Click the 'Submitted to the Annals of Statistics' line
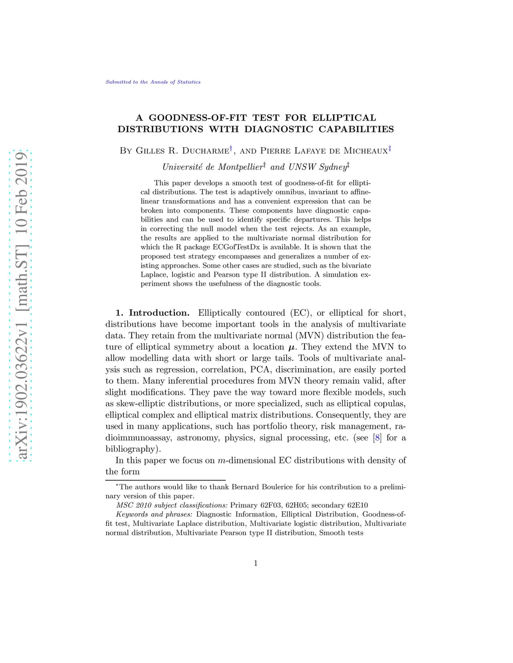point(153,82)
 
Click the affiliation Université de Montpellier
point(212,167)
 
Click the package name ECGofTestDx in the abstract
point(281,247)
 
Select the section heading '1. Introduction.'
point(153,313)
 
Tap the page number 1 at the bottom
point(256,563)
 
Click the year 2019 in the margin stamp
point(22,168)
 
